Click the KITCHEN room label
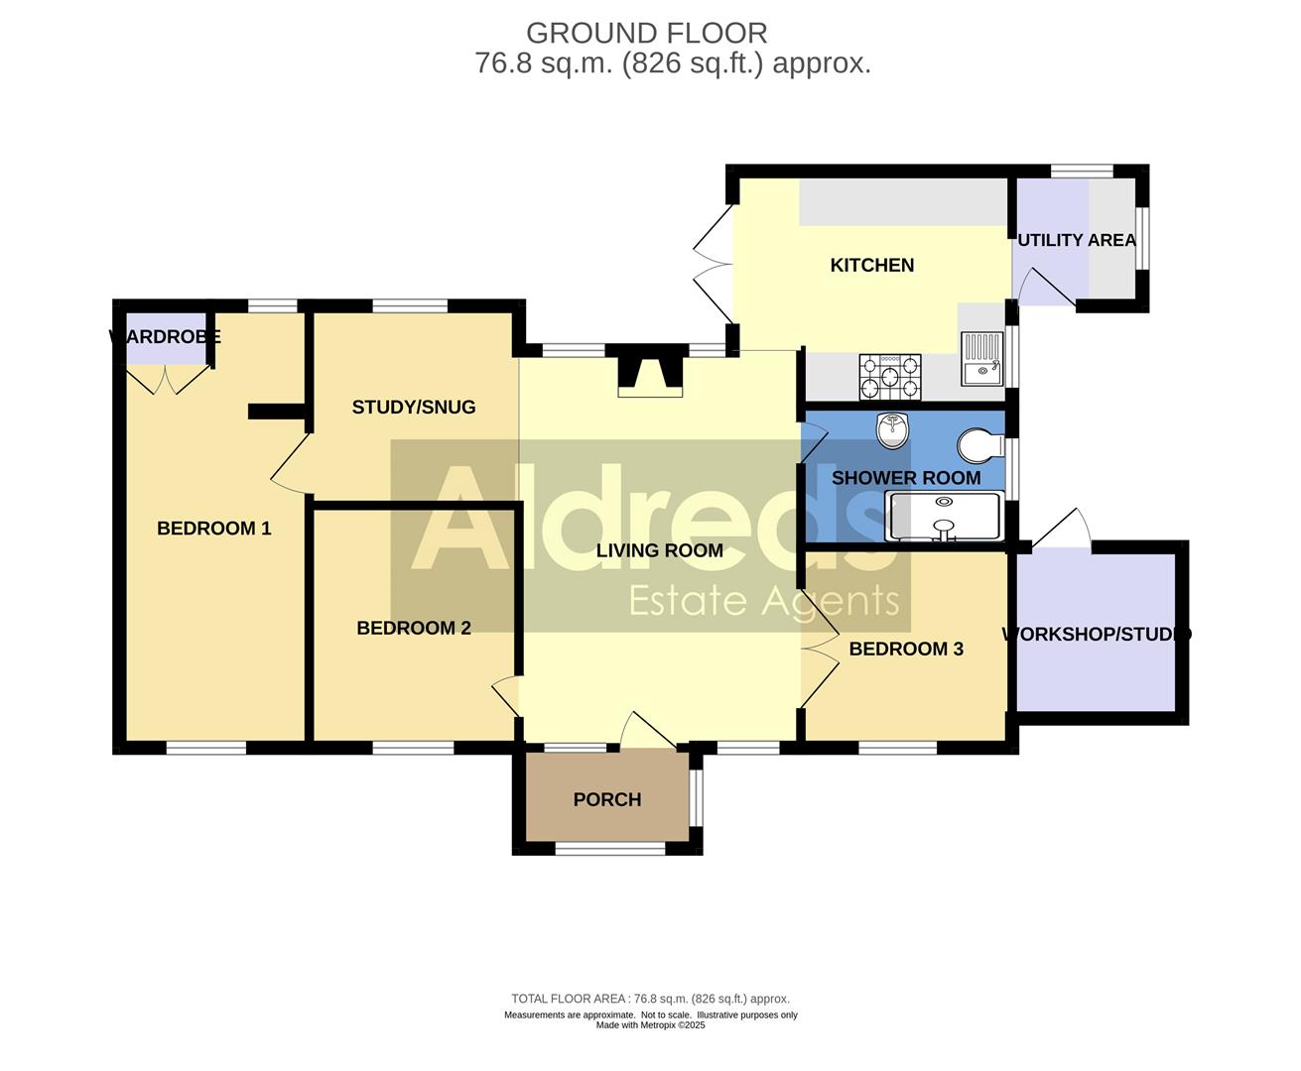tap(871, 265)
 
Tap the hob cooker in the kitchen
tap(889, 377)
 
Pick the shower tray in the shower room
tap(944, 517)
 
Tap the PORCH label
tap(606, 799)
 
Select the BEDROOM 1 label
tap(213, 528)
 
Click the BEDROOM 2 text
tap(413, 628)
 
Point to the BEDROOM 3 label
tap(906, 649)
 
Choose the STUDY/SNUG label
tap(413, 407)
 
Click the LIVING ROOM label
tap(659, 550)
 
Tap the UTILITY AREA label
tap(1076, 240)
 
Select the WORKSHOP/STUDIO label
tap(1097, 634)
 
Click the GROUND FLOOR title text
tap(646, 33)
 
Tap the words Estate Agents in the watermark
tap(764, 601)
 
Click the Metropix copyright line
tap(650, 1025)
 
